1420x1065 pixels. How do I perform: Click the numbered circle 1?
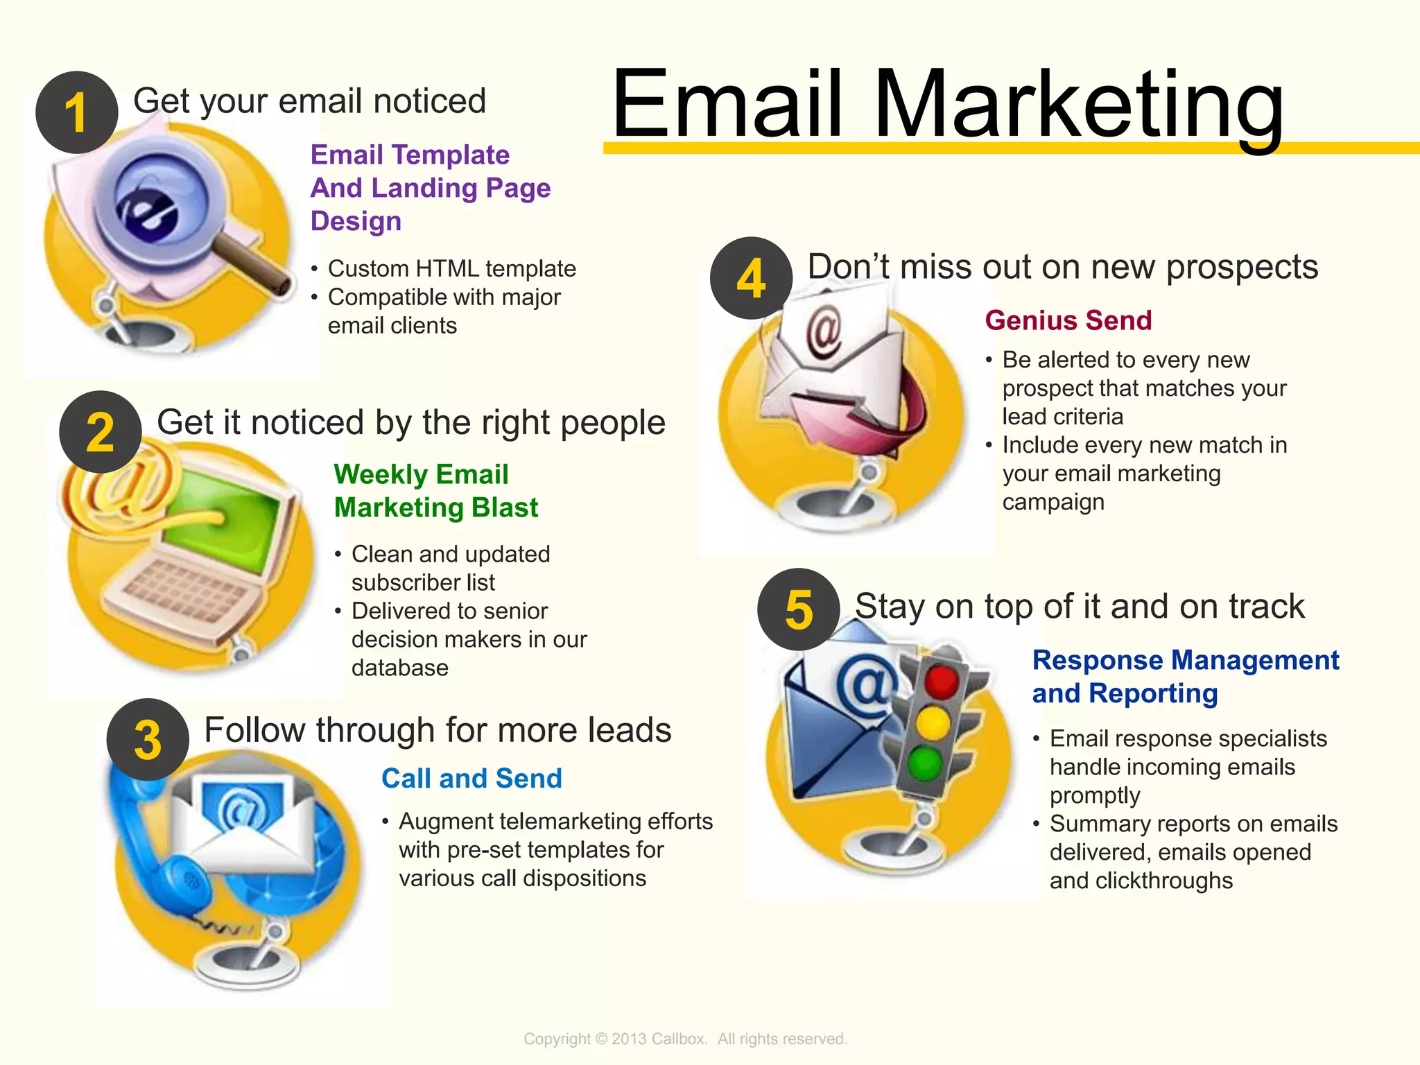tap(77, 112)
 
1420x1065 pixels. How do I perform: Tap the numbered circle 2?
tap(101, 432)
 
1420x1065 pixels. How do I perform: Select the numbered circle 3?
tap(148, 740)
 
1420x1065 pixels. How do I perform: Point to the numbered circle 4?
tap(752, 278)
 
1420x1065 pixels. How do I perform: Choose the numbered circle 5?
tap(799, 609)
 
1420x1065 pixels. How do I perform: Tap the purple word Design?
tap(356, 221)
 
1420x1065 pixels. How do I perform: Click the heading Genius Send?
tap(1068, 320)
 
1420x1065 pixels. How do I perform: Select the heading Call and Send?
tap(471, 779)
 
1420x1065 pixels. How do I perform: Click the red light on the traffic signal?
tap(940, 682)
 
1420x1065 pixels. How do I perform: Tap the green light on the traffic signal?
tap(925, 764)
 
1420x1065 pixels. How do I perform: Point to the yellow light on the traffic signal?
tap(933, 723)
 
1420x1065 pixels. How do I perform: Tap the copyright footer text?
tap(685, 1039)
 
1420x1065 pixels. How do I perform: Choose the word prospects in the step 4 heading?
tap(1242, 268)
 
